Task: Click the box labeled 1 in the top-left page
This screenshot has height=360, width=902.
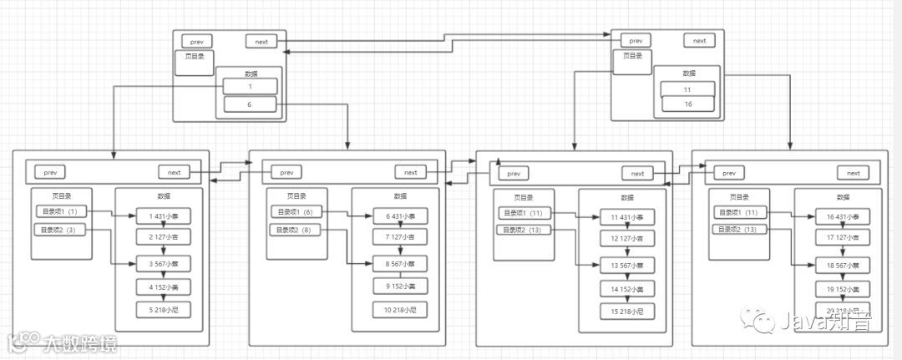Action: pos(250,87)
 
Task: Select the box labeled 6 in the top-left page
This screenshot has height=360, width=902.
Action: pos(250,104)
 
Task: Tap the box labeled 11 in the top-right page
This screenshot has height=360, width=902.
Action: pos(687,89)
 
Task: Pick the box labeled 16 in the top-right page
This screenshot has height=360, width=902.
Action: pos(687,104)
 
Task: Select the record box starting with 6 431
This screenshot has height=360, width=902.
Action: pos(401,216)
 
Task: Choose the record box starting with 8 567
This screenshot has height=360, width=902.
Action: pos(401,264)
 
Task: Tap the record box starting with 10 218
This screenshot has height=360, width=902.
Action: pos(401,310)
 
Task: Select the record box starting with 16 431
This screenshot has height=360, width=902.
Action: pos(843,217)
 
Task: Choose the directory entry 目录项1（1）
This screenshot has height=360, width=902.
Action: pos(59,211)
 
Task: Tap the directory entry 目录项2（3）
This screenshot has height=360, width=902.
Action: pos(59,229)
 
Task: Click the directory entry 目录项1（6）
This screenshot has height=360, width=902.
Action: pos(296,211)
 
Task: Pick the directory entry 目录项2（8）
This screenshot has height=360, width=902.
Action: pos(296,229)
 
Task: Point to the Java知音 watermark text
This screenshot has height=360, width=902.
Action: pos(822,320)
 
